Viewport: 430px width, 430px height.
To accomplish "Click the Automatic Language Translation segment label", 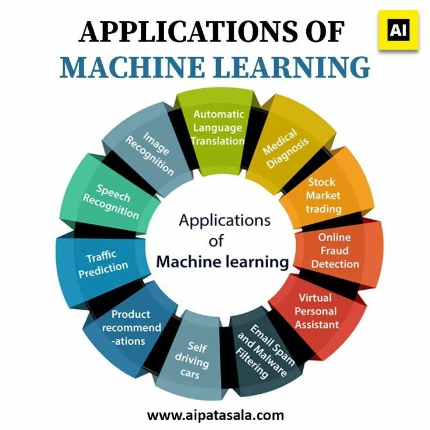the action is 219,127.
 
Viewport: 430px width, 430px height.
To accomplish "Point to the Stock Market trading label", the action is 323,195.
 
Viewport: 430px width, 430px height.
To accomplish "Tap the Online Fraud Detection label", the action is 335,251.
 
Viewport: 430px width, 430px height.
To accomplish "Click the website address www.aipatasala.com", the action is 215,415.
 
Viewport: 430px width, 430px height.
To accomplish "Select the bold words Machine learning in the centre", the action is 222,261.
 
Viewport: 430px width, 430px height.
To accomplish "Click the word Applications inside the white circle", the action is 224,221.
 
